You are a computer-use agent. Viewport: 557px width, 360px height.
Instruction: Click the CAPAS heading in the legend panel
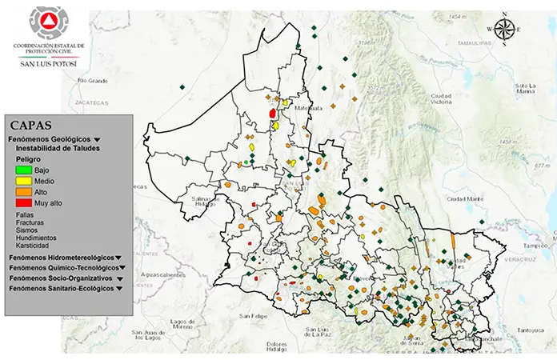31,125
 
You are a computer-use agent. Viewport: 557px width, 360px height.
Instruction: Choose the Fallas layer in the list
26,214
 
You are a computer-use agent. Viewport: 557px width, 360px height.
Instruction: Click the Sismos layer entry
27,230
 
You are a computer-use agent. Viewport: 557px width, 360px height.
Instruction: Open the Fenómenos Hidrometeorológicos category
61,258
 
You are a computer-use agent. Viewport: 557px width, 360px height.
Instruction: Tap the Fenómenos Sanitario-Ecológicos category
61,288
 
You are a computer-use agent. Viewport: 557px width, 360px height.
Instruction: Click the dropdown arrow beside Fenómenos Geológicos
96,139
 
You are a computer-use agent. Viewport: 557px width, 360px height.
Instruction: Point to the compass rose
504,30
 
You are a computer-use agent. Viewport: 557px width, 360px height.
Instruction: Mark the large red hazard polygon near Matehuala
274,114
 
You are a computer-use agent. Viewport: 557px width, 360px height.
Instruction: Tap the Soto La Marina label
524,88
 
